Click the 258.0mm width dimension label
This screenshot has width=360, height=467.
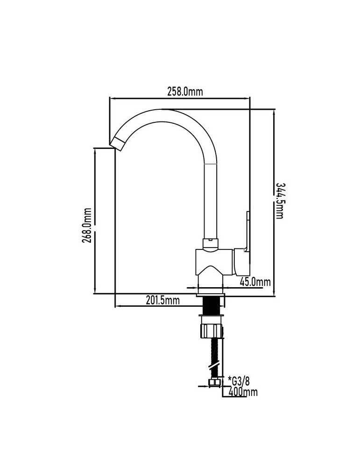pyautogui.click(x=184, y=92)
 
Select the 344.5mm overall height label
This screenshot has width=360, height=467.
pyautogui.click(x=279, y=200)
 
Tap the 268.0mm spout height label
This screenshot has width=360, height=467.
pyautogui.click(x=87, y=225)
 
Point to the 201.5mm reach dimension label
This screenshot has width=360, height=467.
pyautogui.click(x=163, y=300)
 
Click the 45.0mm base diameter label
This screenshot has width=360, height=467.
pyautogui.click(x=255, y=282)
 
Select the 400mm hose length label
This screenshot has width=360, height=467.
pyautogui.click(x=243, y=392)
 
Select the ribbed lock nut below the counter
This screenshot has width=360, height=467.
pyautogui.click(x=212, y=331)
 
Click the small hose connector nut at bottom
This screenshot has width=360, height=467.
pyautogui.click(x=214, y=383)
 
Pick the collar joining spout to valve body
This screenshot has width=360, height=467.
pyautogui.click(x=211, y=244)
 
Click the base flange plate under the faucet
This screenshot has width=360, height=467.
pyautogui.click(x=211, y=295)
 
